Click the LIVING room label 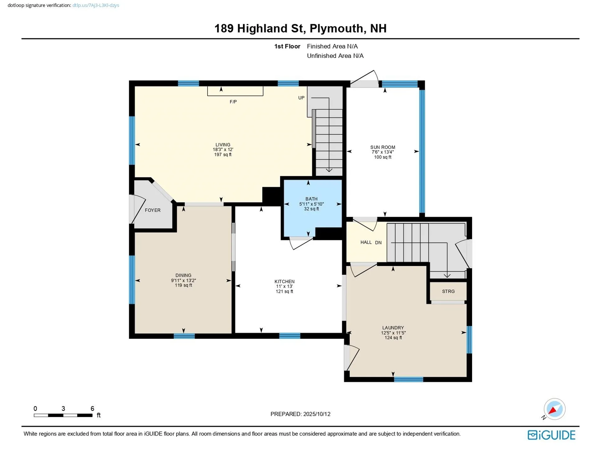tap(223, 145)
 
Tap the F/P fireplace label tap(233, 102)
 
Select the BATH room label tap(311, 199)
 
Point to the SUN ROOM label tap(383, 147)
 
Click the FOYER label tap(152, 210)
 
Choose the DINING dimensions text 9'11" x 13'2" tap(183, 281)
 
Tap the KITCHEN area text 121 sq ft tap(284, 292)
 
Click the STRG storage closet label tap(448, 291)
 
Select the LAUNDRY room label tap(393, 328)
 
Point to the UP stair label tap(301, 98)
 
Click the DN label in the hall tap(378, 242)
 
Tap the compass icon tap(554, 409)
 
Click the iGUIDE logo tap(551, 435)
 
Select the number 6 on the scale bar tap(92, 409)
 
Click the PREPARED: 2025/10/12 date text tap(300, 414)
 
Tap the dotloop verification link tap(95, 5)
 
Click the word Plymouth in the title tap(336, 28)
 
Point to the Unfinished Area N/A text tap(335, 56)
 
